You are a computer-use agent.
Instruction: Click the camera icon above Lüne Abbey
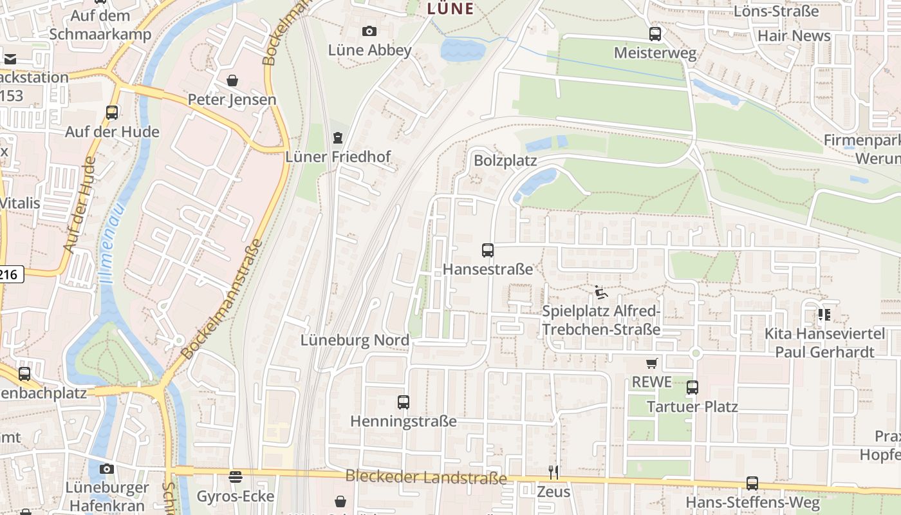[x=369, y=31]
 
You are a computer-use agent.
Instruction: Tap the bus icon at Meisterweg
[x=655, y=34]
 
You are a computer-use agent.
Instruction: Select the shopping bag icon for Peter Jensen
[x=232, y=80]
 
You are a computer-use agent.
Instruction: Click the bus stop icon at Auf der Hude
[x=112, y=113]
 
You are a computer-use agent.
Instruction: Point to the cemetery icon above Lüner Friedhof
[x=337, y=137]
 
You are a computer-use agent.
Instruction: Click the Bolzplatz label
[x=505, y=160]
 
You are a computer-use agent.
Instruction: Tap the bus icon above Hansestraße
[x=488, y=250]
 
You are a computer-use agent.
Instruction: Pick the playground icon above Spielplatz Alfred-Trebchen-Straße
[x=600, y=293]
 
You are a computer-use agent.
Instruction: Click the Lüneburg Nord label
[x=355, y=340]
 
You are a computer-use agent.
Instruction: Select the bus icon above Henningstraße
[x=404, y=402]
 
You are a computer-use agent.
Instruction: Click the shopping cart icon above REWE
[x=652, y=364]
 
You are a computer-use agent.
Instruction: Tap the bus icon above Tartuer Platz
[x=692, y=388]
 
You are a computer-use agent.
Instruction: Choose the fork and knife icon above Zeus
[x=553, y=473]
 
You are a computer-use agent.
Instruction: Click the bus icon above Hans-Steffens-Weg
[x=752, y=483]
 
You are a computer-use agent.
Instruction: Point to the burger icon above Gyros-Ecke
[x=236, y=477]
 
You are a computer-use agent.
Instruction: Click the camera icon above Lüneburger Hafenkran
[x=107, y=469]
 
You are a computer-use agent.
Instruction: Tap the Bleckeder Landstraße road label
[x=426, y=478]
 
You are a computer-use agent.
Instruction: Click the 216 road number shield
[x=10, y=275]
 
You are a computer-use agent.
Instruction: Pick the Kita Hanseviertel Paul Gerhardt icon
[x=824, y=315]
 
